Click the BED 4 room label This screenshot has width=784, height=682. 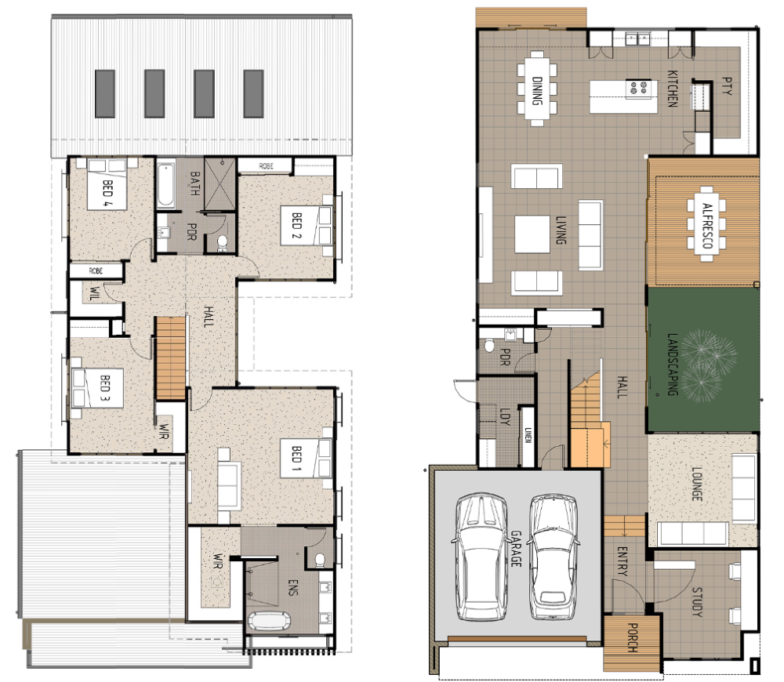pyautogui.click(x=107, y=194)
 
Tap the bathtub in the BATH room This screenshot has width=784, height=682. pyautogui.click(x=166, y=184)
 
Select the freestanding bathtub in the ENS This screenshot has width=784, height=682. pyautogui.click(x=268, y=621)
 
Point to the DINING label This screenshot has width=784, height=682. pyautogui.click(x=538, y=90)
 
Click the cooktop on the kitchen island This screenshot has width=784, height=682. pyautogui.click(x=638, y=89)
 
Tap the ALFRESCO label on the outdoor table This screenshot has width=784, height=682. pyautogui.click(x=707, y=226)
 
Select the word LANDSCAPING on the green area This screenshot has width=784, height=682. pyautogui.click(x=673, y=365)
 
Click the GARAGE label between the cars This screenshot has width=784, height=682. pyautogui.click(x=516, y=549)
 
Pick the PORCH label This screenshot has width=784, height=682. pyautogui.click(x=632, y=637)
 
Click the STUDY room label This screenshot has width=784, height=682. pyautogui.click(x=697, y=602)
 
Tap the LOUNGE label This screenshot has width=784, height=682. pyautogui.click(x=696, y=484)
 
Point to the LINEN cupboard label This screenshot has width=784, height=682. pyautogui.click(x=528, y=436)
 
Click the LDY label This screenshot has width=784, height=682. pyautogui.click(x=504, y=416)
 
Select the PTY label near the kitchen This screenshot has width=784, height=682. pyautogui.click(x=727, y=86)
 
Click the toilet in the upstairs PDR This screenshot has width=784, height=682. pyautogui.click(x=222, y=242)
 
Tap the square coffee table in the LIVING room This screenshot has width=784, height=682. pyautogui.click(x=532, y=234)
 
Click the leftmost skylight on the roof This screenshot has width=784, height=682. pyautogui.click(x=105, y=93)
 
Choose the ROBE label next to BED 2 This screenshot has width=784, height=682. pyautogui.click(x=266, y=166)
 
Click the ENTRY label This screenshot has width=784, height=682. pyautogui.click(x=622, y=561)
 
